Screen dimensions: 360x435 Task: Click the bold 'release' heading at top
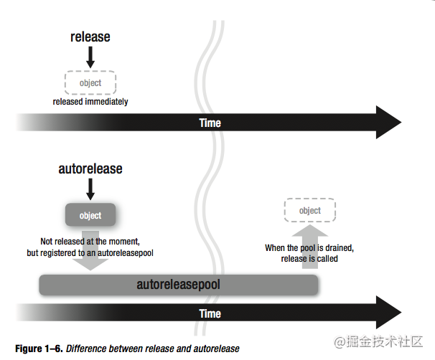pyautogui.click(x=90, y=37)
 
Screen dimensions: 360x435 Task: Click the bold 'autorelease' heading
pyautogui.click(x=90, y=169)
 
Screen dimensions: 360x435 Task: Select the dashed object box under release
pyautogui.click(x=90, y=82)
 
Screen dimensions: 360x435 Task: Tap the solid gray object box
pyautogui.click(x=90, y=215)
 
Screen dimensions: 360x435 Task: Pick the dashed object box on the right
pyautogui.click(x=310, y=211)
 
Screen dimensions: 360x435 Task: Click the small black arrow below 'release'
pyautogui.click(x=90, y=57)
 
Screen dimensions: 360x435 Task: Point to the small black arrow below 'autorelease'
pyautogui.click(x=90, y=189)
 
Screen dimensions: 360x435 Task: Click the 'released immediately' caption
pyautogui.click(x=90, y=102)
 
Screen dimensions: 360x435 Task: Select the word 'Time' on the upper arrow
pyautogui.click(x=210, y=123)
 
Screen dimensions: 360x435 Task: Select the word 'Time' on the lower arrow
pyautogui.click(x=210, y=314)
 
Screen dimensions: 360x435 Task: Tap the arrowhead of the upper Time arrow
pyautogui.click(x=388, y=123)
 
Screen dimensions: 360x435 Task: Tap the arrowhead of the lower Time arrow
pyautogui.click(x=388, y=313)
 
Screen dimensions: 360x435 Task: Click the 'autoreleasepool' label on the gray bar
pyautogui.click(x=178, y=285)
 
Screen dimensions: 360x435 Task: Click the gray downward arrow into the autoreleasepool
pyautogui.click(x=90, y=251)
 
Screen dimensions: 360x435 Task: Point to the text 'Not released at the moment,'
pyautogui.click(x=90, y=242)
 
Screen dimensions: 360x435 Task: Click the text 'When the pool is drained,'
pyautogui.click(x=310, y=248)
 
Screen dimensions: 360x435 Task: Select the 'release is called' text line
pyautogui.click(x=310, y=258)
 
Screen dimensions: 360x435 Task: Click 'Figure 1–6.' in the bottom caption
pyautogui.click(x=38, y=349)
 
